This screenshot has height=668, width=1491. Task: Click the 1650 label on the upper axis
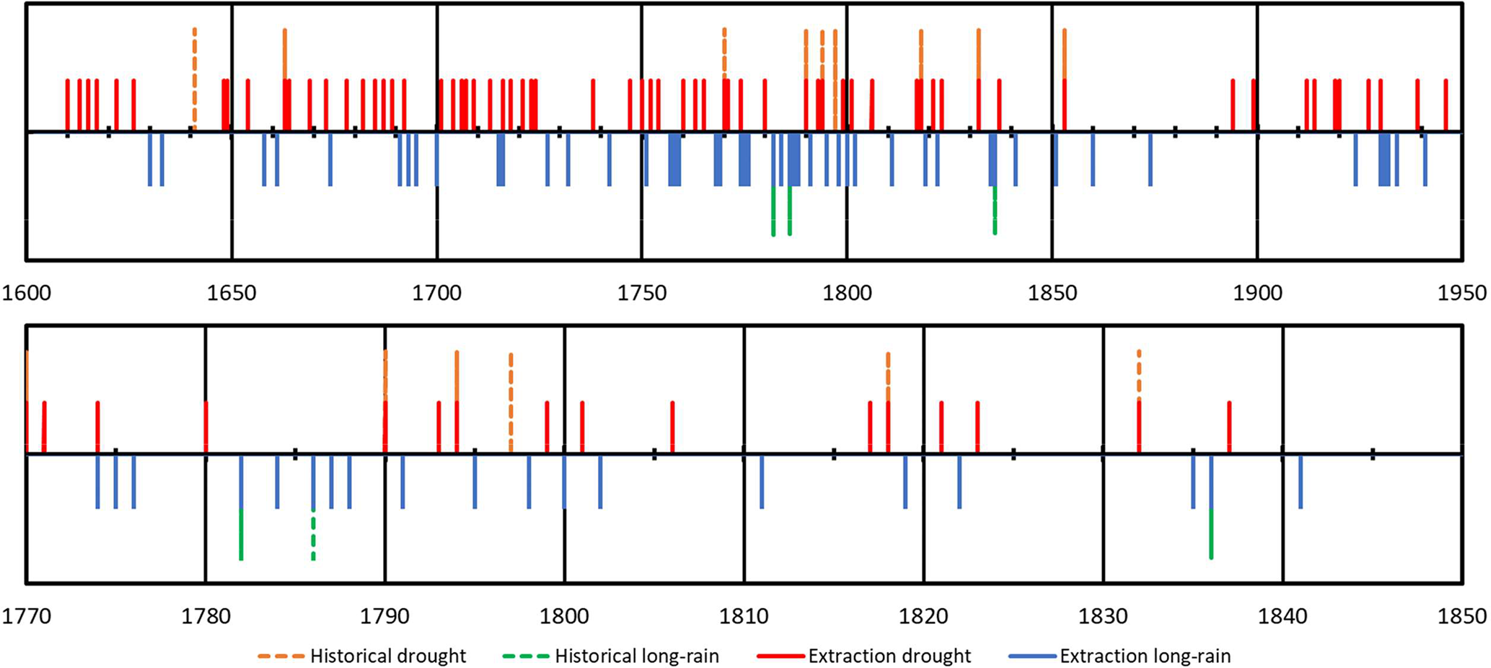tap(232, 294)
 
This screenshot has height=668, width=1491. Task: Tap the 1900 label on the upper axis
tap(1257, 294)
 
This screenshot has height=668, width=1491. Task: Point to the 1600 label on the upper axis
tap(26, 294)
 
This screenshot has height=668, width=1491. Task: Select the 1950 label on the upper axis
tap(1462, 294)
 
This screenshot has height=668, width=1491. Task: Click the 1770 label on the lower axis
tap(26, 617)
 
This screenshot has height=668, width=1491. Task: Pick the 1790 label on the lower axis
tap(385, 617)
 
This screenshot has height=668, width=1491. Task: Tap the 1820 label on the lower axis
tap(923, 617)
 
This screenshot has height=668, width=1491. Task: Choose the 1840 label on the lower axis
tap(1283, 617)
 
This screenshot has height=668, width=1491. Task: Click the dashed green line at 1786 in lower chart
tap(313, 535)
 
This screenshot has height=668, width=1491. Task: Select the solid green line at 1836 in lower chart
tap(1211, 534)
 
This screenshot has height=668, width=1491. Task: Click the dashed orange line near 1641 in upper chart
tap(195, 79)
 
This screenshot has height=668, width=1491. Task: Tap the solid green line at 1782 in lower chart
tap(241, 535)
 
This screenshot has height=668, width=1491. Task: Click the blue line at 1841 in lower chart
tap(1301, 481)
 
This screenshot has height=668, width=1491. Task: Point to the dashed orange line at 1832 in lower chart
tap(1139, 374)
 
